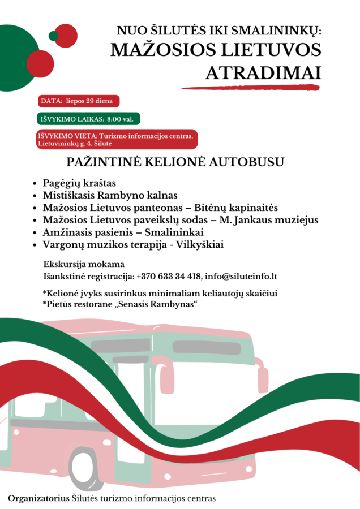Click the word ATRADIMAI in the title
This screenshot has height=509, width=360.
click(x=263, y=74)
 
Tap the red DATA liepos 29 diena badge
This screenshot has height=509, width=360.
click(x=79, y=101)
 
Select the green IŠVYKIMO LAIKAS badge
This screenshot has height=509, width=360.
click(x=89, y=119)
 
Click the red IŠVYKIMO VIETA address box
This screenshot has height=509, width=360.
click(x=117, y=140)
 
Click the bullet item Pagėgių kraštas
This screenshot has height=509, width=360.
click(x=79, y=183)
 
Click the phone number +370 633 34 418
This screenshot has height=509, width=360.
click(x=169, y=277)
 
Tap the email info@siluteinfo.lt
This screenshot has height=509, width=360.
click(x=241, y=277)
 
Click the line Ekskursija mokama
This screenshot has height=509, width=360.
click(x=84, y=264)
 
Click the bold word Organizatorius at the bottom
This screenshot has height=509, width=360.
click(x=38, y=498)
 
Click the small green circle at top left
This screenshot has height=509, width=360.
click(x=54, y=36)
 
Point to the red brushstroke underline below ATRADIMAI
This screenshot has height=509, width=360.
click(x=249, y=88)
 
